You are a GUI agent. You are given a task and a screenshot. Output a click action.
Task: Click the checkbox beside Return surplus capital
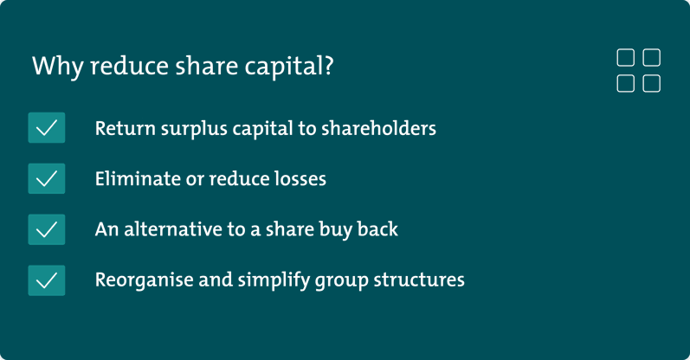[47, 128]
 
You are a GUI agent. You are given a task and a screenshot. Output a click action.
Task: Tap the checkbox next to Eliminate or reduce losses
[47, 179]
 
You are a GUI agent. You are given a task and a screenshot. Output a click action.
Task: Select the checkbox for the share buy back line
[47, 229]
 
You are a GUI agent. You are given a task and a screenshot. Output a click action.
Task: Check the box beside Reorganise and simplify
[47, 280]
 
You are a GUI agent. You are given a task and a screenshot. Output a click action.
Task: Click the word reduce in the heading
[119, 67]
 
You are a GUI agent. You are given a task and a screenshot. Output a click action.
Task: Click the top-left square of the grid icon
[625, 58]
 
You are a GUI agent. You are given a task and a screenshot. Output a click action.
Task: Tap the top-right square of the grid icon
[652, 58]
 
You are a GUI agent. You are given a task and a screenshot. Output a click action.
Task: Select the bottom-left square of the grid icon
[625, 83]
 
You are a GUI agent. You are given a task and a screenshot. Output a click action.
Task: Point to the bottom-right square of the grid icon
[652, 83]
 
